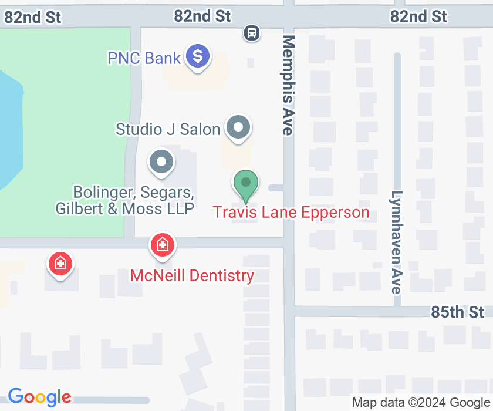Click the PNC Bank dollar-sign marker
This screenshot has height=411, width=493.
(x=198, y=57)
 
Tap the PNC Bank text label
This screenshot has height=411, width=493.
(x=144, y=58)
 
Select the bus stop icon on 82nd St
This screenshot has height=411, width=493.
(x=252, y=33)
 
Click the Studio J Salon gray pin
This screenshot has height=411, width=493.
(x=238, y=127)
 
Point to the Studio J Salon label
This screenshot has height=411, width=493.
(x=168, y=129)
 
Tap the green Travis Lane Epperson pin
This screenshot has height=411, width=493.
(x=246, y=184)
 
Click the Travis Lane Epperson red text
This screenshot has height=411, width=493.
(x=291, y=212)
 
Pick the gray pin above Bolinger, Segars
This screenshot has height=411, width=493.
(x=161, y=163)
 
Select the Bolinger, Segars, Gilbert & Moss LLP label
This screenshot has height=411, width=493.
(x=125, y=200)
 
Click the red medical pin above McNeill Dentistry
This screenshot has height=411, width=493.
(x=163, y=245)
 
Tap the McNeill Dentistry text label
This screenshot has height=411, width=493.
(x=192, y=275)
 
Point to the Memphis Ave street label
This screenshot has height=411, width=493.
(x=288, y=85)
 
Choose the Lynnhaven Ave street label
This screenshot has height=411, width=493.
(x=397, y=242)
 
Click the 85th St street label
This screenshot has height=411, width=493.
(x=458, y=311)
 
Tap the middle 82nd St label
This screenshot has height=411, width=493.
(x=202, y=16)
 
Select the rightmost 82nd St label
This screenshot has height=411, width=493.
(x=419, y=16)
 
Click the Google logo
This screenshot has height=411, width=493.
(x=39, y=397)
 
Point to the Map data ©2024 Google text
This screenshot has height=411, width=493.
(x=421, y=402)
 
